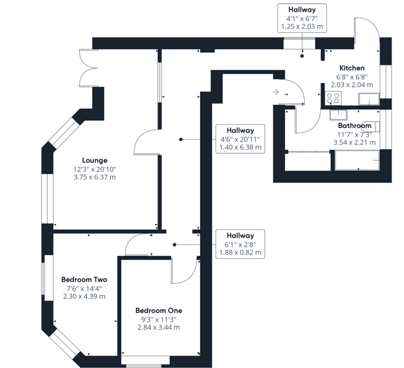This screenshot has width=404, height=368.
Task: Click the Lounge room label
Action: (95, 160)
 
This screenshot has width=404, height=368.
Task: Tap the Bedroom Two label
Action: (84, 279)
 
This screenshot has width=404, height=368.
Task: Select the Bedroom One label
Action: (159, 310)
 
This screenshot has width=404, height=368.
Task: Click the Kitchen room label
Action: (352, 68)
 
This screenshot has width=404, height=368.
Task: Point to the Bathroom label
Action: (355, 125)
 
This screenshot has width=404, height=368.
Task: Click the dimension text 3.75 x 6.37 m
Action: (95, 177)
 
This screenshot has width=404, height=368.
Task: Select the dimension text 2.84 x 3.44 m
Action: (159, 327)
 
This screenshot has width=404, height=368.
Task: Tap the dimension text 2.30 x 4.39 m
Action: (84, 296)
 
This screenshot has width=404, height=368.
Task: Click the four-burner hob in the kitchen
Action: (333, 98)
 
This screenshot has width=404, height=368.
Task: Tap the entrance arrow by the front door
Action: (277, 92)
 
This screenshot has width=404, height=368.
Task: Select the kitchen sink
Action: (369, 99)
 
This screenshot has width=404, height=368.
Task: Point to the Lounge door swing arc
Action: (145, 140)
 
